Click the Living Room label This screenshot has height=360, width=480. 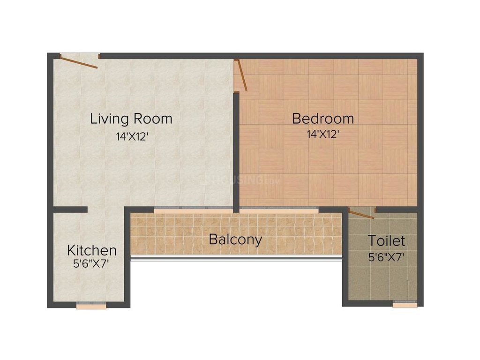[131, 118]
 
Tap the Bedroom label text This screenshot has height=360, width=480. [323, 118]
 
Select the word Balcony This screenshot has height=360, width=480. [235, 240]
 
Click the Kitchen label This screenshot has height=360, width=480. [92, 249]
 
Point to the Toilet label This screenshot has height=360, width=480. [386, 241]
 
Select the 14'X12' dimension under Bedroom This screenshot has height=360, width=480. [323, 135]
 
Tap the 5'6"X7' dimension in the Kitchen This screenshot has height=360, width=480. [91, 263]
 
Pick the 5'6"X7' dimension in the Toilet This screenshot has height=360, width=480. [386, 256]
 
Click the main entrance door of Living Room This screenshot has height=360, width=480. [79, 61]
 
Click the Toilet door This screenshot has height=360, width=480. [361, 214]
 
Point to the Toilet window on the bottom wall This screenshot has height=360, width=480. [404, 305]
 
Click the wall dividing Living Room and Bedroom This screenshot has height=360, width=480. [236, 150]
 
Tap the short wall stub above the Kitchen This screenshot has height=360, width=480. [70, 210]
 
